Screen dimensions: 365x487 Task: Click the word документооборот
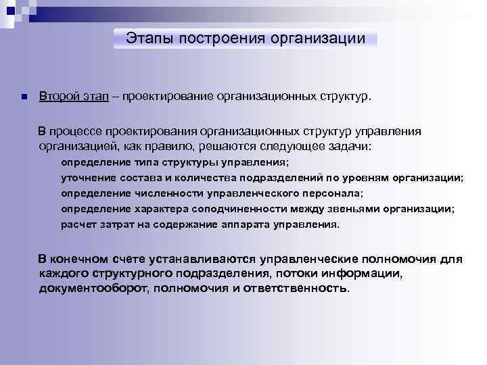point(94,288)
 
